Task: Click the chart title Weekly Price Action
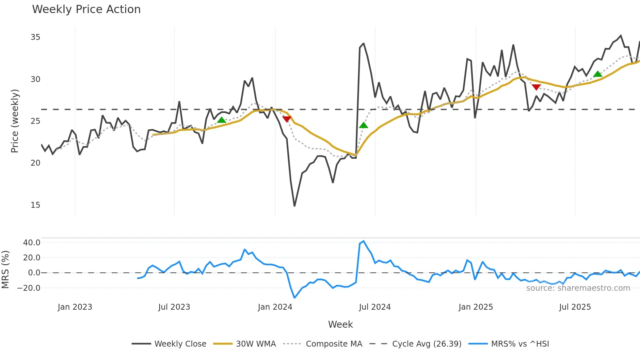[86, 9]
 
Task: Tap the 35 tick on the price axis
[35, 37]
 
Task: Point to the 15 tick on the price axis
[35, 205]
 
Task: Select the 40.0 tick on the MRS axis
[32, 243]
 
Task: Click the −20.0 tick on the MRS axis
[29, 288]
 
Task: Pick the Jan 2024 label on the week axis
[275, 307]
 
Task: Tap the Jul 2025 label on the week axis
[575, 307]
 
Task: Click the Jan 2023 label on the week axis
[75, 307]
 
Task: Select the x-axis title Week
[340, 324]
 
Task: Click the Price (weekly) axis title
[15, 121]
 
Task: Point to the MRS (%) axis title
[5, 270]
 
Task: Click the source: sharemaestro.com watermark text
[578, 288]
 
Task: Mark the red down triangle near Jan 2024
[287, 119]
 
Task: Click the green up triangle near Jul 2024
[363, 125]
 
